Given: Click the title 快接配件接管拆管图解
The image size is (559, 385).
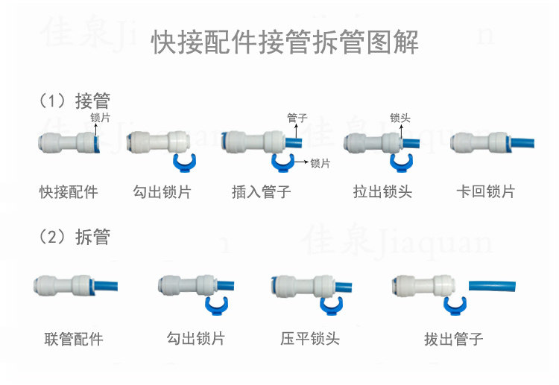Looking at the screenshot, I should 285,42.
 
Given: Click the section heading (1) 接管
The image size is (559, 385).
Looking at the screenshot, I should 74,101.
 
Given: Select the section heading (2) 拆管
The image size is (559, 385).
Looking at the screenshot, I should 74,237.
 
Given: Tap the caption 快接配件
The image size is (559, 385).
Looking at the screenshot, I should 69,191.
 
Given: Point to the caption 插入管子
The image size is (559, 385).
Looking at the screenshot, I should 261,191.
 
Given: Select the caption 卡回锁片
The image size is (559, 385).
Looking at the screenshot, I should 485,191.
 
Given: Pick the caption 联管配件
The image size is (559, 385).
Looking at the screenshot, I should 73,340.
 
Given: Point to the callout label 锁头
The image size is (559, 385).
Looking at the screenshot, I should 400,118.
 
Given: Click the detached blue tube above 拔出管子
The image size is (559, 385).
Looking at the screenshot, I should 493,284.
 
